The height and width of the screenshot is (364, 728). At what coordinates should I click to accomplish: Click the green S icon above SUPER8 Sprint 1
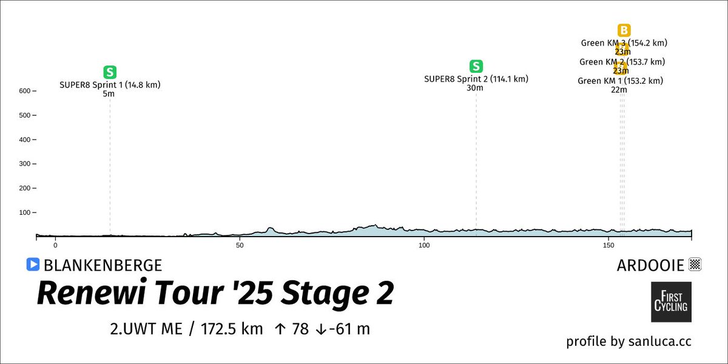[x=110, y=72]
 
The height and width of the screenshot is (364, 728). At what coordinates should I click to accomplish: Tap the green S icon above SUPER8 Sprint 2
[x=476, y=66]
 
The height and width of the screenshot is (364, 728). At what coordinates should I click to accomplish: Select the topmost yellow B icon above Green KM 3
[x=624, y=30]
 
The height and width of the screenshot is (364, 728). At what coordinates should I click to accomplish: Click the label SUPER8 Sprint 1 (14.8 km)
[x=110, y=85]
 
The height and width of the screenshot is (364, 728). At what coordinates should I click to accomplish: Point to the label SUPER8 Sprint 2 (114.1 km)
[x=476, y=79]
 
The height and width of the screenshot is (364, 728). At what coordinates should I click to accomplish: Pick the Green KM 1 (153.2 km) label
[x=620, y=81]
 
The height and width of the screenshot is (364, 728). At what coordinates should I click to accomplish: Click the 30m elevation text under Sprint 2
[x=475, y=88]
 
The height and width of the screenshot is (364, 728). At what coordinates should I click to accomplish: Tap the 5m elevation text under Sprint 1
[x=109, y=94]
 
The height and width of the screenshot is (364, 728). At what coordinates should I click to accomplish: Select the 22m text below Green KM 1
[x=619, y=90]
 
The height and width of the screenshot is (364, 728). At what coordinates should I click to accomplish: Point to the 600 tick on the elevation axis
[x=24, y=91]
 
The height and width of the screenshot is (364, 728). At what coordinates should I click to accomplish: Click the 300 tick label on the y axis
[x=24, y=164]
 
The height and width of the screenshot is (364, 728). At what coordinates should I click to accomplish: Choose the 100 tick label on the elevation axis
[x=24, y=212]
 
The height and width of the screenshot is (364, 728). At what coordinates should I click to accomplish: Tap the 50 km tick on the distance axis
[x=240, y=245]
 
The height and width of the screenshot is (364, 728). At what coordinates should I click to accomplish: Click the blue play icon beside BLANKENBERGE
[x=33, y=265]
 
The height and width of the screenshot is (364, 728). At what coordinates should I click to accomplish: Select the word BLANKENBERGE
[x=103, y=265]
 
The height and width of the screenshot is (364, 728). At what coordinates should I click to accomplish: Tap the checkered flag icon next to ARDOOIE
[x=695, y=265]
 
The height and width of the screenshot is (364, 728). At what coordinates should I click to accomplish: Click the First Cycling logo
[x=671, y=302]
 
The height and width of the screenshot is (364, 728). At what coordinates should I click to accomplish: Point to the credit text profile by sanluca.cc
[x=629, y=342]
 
